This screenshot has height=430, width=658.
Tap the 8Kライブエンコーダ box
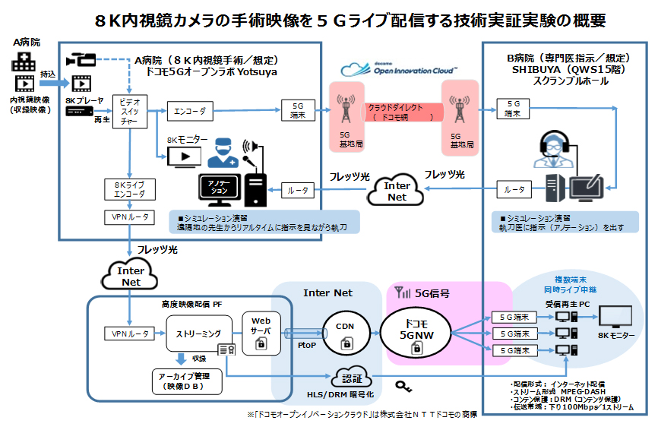coord(125,188)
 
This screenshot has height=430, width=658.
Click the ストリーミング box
coord(199,333)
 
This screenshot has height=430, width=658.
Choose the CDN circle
coord(350,330)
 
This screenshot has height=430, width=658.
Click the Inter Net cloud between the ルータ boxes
coord(397,191)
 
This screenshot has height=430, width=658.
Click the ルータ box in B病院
coord(514,188)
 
